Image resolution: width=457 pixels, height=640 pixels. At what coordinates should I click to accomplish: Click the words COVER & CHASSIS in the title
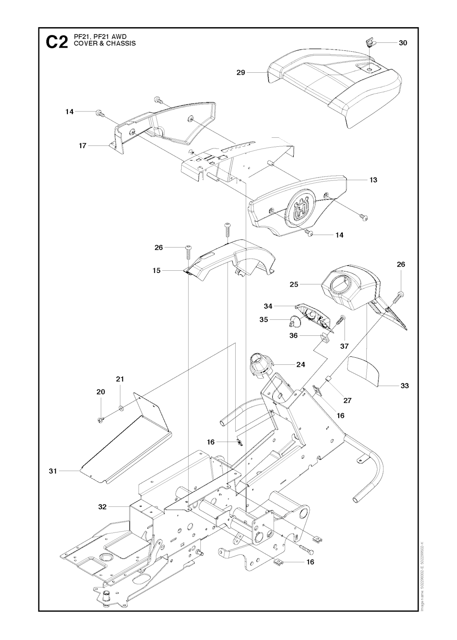[x=105, y=44]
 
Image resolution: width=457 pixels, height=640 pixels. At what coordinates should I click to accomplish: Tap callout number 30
[x=403, y=43]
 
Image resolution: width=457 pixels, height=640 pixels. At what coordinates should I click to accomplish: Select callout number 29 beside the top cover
[x=241, y=72]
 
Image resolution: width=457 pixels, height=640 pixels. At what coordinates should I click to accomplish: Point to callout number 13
[x=373, y=180]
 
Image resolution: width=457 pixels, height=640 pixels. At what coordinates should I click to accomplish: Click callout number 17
[x=83, y=145]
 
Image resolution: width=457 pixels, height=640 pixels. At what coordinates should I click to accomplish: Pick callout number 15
[x=156, y=270]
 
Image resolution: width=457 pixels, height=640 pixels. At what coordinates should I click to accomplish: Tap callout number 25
[x=294, y=284]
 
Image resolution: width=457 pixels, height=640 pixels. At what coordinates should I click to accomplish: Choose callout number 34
[x=268, y=306]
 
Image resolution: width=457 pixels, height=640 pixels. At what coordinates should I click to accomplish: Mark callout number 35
[x=264, y=319]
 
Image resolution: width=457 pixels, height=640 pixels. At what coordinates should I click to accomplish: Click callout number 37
[x=344, y=346]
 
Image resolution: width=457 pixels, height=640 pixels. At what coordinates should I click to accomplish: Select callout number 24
[x=301, y=364]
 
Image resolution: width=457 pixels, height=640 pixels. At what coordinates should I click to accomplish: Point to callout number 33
[x=404, y=385]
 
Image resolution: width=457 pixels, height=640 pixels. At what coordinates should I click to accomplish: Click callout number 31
[x=53, y=471]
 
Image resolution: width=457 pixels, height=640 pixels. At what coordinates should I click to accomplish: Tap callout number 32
[x=102, y=507]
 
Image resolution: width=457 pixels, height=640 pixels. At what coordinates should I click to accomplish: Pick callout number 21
[x=120, y=379]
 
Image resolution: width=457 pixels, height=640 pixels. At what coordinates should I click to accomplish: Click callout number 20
[x=101, y=392]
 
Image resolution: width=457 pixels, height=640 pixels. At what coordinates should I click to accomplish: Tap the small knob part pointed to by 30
[x=369, y=43]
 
